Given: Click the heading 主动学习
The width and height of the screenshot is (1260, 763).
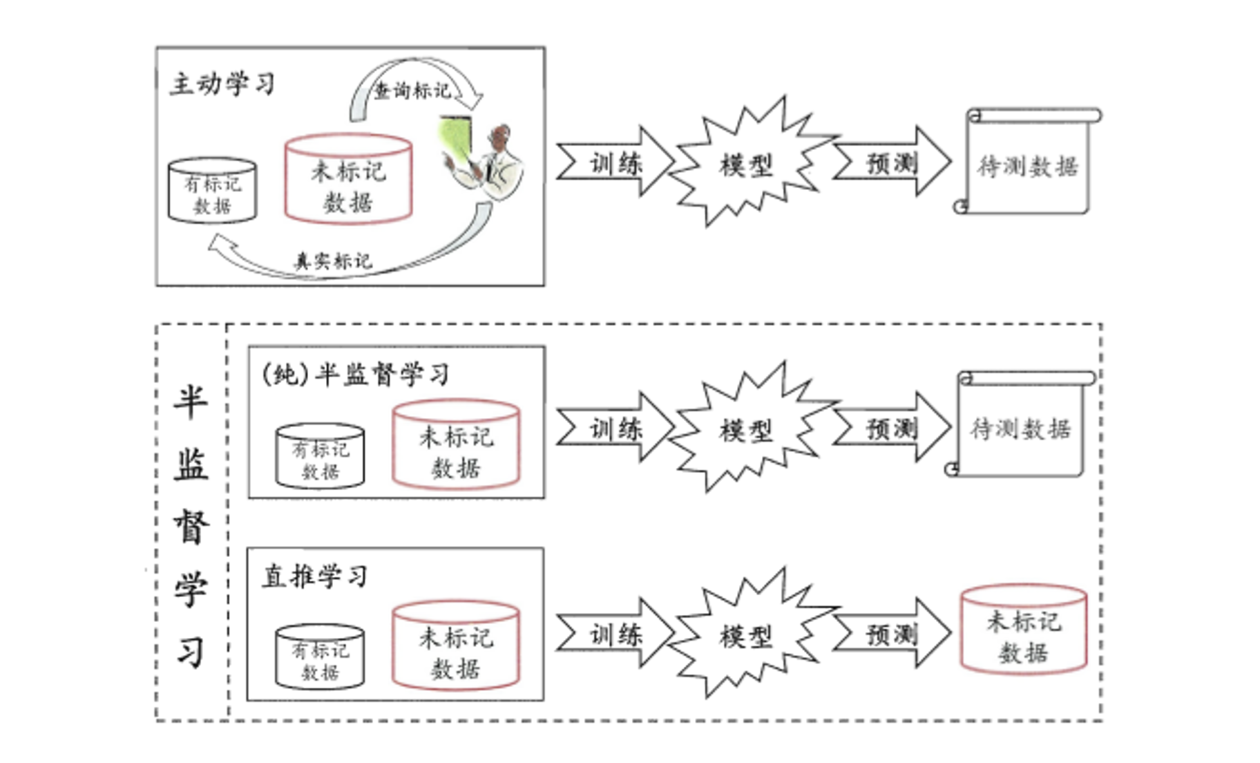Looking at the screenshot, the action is tap(222, 84).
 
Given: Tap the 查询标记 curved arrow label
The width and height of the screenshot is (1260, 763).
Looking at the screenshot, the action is tap(412, 91).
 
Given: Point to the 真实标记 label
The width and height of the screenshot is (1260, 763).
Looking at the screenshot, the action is tap(333, 261).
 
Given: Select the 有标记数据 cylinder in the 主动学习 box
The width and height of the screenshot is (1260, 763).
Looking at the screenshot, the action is tap(212, 190).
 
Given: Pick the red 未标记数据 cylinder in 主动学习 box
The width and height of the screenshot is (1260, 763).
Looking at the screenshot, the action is tap(348, 179).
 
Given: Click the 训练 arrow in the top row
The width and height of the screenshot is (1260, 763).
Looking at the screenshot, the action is tap(615, 162).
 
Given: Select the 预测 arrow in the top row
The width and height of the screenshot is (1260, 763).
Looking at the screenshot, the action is tap(891, 162).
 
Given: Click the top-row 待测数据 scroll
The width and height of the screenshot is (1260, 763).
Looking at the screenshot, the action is tap(1027, 161).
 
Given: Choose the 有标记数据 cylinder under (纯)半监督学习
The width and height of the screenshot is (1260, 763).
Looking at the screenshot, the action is tap(320, 456).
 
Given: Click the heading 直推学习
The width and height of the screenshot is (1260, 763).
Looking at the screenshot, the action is tap(314, 576).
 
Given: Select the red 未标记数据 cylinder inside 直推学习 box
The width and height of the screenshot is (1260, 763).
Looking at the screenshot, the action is tap(455, 646).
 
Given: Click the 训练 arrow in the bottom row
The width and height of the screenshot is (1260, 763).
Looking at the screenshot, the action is tap(615, 633).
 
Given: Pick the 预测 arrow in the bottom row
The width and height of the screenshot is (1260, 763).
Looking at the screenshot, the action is tap(891, 633).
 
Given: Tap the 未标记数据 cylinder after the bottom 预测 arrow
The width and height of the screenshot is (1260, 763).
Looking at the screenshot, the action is tap(1024, 630).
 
